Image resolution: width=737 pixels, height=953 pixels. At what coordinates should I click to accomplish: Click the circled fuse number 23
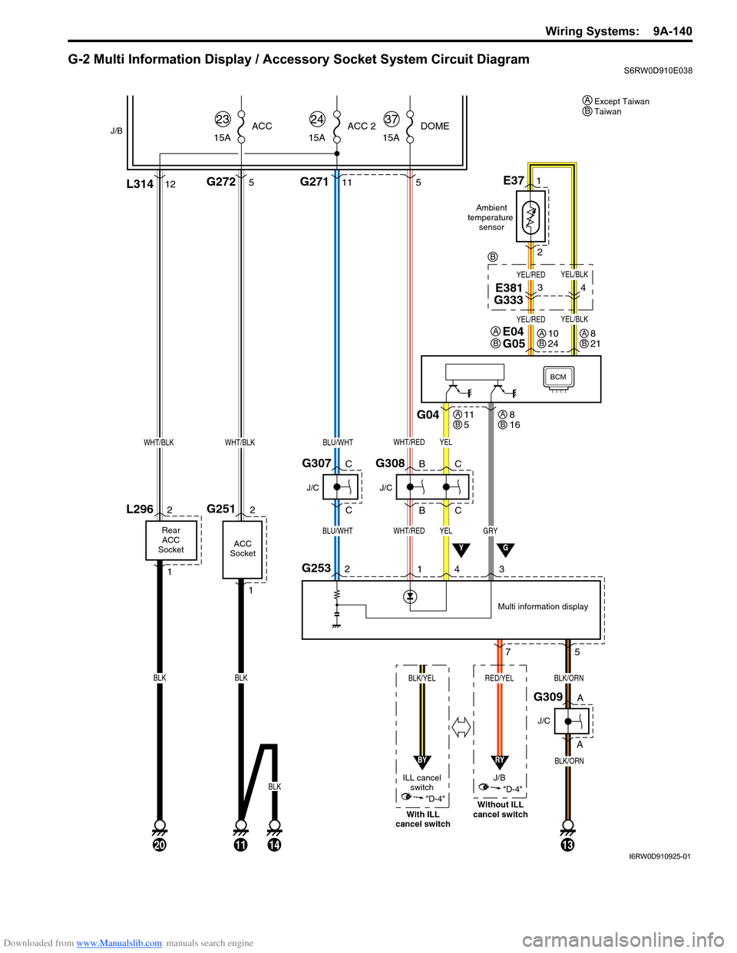(x=223, y=119)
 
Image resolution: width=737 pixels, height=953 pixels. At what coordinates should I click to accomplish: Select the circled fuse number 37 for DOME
(x=392, y=119)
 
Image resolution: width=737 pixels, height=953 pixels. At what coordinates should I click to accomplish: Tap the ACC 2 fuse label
(x=362, y=126)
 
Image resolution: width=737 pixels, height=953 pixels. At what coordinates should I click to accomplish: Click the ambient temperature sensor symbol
(x=530, y=217)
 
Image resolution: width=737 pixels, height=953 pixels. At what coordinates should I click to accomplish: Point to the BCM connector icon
(x=558, y=378)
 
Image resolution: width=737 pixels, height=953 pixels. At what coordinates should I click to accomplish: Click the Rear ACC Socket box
(x=171, y=540)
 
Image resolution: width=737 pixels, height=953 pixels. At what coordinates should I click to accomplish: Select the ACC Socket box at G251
(x=243, y=549)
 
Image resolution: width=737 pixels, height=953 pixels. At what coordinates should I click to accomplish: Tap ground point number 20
(x=160, y=845)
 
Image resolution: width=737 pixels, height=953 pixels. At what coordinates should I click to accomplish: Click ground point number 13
(x=567, y=845)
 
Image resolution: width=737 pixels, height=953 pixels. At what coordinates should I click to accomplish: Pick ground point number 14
(x=274, y=845)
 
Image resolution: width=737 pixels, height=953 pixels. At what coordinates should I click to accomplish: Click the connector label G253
(x=316, y=568)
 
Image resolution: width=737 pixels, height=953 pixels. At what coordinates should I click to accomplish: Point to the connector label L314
(x=140, y=184)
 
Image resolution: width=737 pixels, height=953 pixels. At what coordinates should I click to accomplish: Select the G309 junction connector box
(x=572, y=721)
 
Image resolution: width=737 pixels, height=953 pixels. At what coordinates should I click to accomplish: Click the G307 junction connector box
(x=340, y=487)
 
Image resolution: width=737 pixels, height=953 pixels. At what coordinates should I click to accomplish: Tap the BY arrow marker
(x=422, y=761)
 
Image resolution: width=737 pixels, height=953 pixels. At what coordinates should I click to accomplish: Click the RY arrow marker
(x=499, y=761)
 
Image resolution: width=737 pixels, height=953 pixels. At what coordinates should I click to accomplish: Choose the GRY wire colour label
(x=490, y=531)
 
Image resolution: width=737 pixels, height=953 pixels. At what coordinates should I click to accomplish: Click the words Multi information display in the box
(x=543, y=606)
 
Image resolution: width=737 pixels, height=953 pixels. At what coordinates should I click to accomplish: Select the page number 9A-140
(x=673, y=31)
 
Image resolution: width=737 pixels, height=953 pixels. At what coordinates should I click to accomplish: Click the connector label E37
(x=514, y=180)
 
